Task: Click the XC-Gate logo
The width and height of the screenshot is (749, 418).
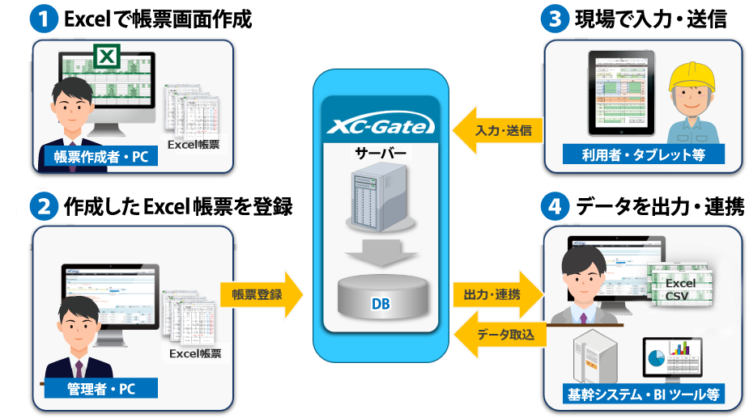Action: pyautogui.click(x=380, y=125)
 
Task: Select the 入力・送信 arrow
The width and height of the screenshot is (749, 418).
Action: pyautogui.click(x=495, y=130)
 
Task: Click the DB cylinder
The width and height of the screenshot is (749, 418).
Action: pyautogui.click(x=381, y=300)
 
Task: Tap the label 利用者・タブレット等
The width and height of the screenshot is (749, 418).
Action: pyautogui.click(x=643, y=155)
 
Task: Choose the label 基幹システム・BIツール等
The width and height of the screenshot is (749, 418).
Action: pyautogui.click(x=643, y=395)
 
